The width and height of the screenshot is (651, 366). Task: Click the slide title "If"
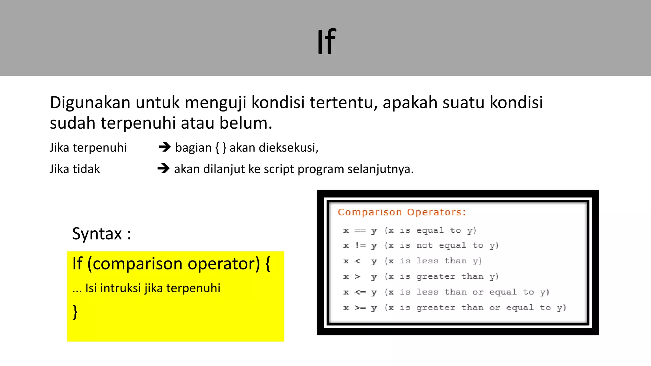326,42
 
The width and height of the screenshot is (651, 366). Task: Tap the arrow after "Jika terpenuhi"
165,147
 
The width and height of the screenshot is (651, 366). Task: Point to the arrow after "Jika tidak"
163,168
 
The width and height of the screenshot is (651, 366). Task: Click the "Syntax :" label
101,234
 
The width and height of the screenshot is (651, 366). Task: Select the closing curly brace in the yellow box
75,312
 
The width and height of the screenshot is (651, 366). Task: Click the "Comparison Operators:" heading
402,212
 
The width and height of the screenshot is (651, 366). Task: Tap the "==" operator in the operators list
360,231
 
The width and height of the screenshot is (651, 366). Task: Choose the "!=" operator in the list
360,246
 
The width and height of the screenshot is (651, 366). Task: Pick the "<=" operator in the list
360,292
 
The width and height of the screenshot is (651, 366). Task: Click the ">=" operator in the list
360,308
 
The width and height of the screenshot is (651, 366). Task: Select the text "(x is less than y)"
433,261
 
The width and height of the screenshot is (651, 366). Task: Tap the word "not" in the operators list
424,246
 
